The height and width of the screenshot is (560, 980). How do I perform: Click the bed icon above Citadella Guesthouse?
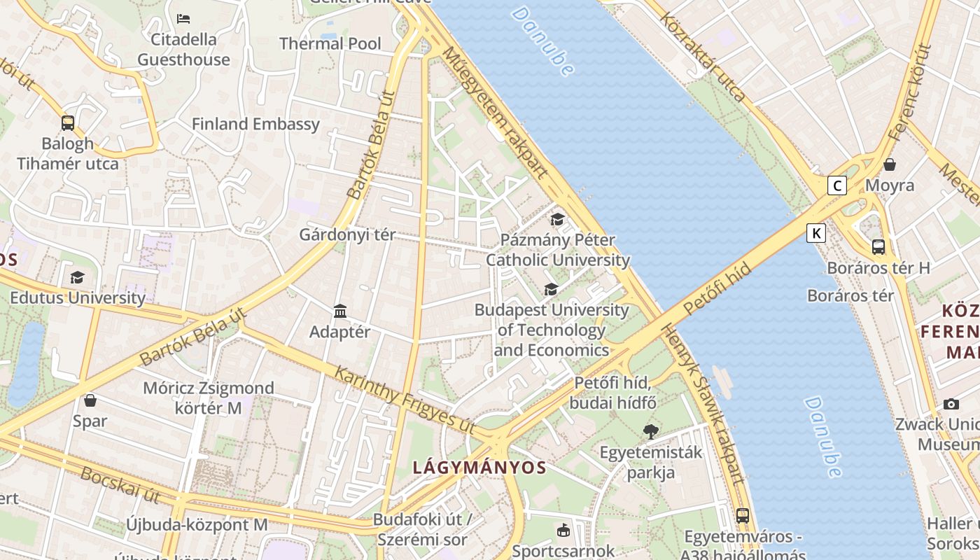click(183, 18)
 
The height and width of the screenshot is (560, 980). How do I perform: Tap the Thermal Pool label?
click(330, 43)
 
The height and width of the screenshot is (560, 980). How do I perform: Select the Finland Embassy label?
click(255, 125)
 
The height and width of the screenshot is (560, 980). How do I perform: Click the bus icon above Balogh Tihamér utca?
click(68, 123)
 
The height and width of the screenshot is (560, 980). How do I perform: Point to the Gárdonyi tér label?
click(347, 234)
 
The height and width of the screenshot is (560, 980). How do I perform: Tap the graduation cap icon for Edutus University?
click(77, 278)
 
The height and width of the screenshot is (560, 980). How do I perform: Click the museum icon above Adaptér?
click(340, 311)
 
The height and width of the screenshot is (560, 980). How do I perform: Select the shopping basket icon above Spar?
click(90, 400)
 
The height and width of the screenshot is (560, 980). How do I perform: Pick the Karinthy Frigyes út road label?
click(404, 400)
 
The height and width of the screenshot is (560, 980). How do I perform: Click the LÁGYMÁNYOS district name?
click(479, 468)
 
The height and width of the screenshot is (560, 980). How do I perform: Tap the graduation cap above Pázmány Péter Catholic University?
click(557, 220)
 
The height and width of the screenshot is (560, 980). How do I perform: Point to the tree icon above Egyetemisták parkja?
click(651, 431)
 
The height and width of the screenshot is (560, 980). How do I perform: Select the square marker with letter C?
click(836, 185)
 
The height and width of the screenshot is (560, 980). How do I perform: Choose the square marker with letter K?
click(815, 233)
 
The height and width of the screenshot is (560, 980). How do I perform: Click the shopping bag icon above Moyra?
click(890, 164)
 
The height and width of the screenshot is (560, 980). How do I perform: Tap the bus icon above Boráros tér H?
click(878, 247)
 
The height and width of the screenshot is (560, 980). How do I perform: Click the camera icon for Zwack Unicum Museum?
click(951, 404)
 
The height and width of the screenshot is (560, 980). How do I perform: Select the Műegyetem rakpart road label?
click(494, 112)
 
